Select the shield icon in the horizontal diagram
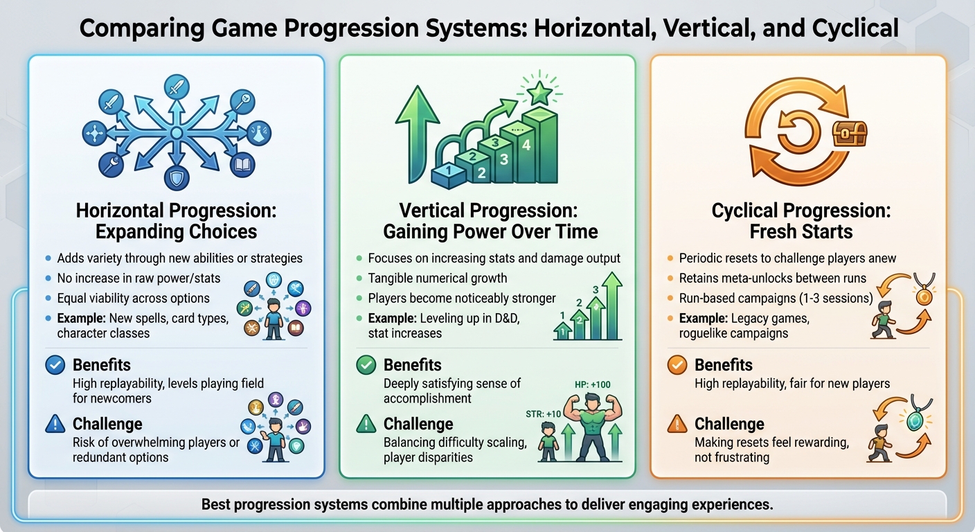[176, 178]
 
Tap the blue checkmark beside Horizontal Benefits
[55, 365]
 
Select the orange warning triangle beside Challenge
[677, 423]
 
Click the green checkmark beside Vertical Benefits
[366, 365]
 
